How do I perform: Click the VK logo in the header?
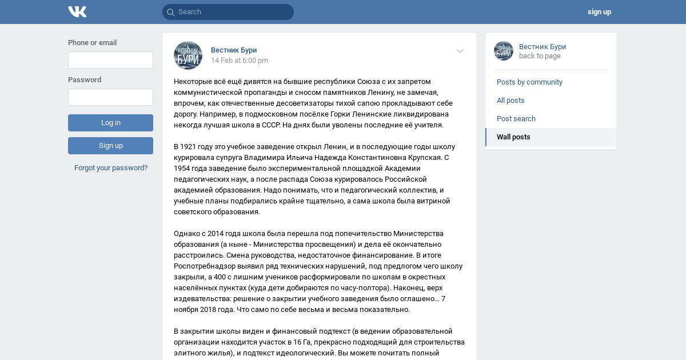coord(77,12)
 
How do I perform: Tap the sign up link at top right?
coord(599,12)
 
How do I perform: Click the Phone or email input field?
coord(110,60)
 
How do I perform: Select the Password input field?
coord(110,97)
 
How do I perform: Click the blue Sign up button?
coord(110,146)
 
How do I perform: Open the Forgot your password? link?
coord(111,168)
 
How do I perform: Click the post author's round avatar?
coord(188,55)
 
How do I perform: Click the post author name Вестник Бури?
coord(234,50)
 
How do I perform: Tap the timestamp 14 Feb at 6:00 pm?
coord(240,61)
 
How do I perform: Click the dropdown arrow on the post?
coord(460,51)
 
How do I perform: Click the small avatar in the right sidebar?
coord(504,51)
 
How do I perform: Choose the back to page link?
coord(540,56)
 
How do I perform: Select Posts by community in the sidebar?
coord(529,82)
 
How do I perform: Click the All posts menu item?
coord(510,101)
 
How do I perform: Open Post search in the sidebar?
coord(516,119)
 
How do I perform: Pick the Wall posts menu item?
coord(513,137)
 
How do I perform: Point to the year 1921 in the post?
coord(189,147)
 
